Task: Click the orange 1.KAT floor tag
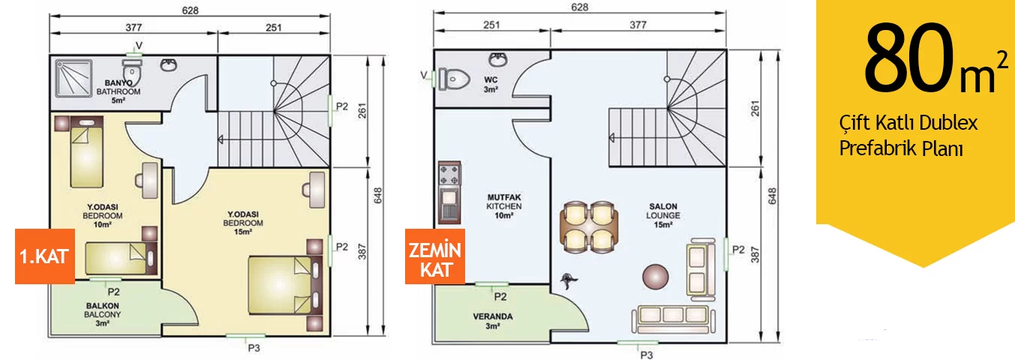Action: pos(44,256)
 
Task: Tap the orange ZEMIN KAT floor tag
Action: pos(434,259)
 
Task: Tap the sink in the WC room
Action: pos(498,59)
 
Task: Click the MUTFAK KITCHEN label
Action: pos(503,206)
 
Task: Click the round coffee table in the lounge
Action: pos(654,277)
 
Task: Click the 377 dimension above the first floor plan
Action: pos(133,28)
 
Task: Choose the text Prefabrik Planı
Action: pos(900,148)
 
